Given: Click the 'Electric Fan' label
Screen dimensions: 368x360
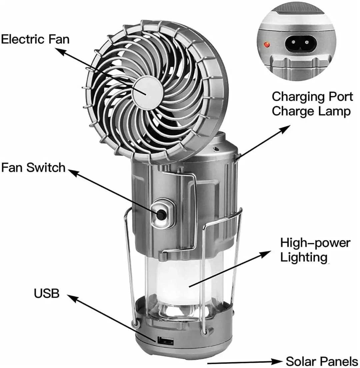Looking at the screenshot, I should (35, 39).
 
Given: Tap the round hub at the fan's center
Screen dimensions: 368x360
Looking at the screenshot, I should (147, 92).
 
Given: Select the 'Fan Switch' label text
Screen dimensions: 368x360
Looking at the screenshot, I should (33, 167).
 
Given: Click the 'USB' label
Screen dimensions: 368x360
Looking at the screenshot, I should (46, 294).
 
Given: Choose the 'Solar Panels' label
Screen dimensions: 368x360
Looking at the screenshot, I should (322, 361).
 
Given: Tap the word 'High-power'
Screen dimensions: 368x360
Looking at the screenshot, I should (315, 243).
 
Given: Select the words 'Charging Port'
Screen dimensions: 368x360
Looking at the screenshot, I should (312, 97).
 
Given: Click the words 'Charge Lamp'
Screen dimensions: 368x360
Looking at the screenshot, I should (311, 111).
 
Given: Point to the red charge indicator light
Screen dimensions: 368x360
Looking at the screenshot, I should (267, 44).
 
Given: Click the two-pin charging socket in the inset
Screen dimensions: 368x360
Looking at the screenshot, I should (300, 44).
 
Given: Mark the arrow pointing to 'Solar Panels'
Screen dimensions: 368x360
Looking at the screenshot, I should (245, 361).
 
